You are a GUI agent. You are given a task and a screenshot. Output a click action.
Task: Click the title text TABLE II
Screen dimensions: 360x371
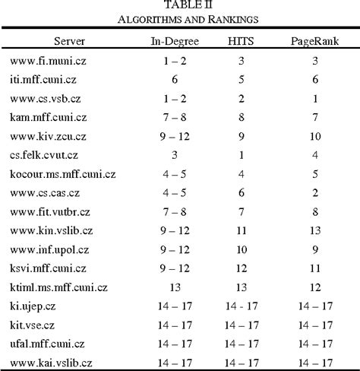coord(180,6)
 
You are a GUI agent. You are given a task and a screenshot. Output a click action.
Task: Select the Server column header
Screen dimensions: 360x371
coord(69,38)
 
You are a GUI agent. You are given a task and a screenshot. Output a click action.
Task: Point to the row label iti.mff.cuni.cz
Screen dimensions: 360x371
coord(43,78)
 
